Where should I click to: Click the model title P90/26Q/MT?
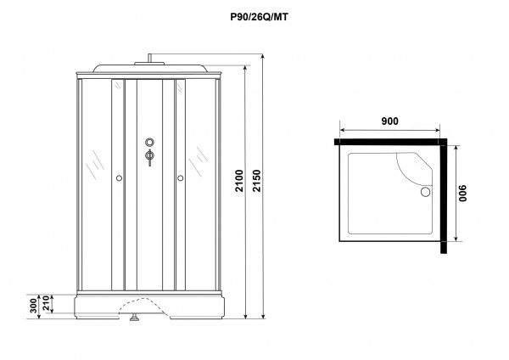tap(259, 17)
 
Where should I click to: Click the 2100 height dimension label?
tap(239, 181)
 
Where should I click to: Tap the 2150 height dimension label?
tap(257, 181)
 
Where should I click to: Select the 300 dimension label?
tap(34, 307)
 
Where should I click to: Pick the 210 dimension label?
tap(46, 303)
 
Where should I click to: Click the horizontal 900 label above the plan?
tap(389, 121)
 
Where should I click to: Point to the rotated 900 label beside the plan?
tap(462, 194)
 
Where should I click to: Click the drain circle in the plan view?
tap(425, 192)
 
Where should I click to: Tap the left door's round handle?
tap(119, 178)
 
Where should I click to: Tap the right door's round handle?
tap(181, 178)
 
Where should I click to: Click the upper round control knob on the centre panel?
tap(149, 142)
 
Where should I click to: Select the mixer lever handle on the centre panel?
tap(149, 158)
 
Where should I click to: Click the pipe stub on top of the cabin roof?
tap(149, 58)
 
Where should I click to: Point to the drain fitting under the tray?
tap(134, 317)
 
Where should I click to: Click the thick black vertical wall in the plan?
tap(444, 196)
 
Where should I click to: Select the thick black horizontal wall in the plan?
tap(390, 142)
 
